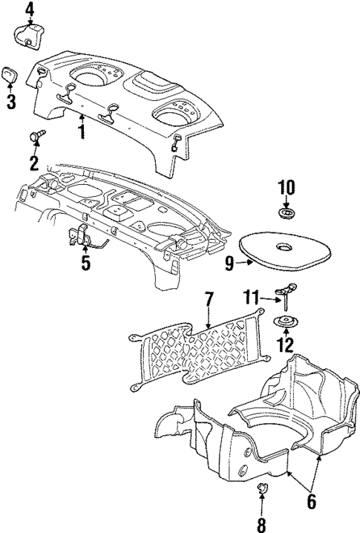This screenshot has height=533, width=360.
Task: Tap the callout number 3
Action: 11,102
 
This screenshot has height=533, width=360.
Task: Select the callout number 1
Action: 82,131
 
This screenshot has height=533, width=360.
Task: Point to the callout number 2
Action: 33,163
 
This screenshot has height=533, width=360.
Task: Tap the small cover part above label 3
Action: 11,76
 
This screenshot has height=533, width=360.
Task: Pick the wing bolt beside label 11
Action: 285,296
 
